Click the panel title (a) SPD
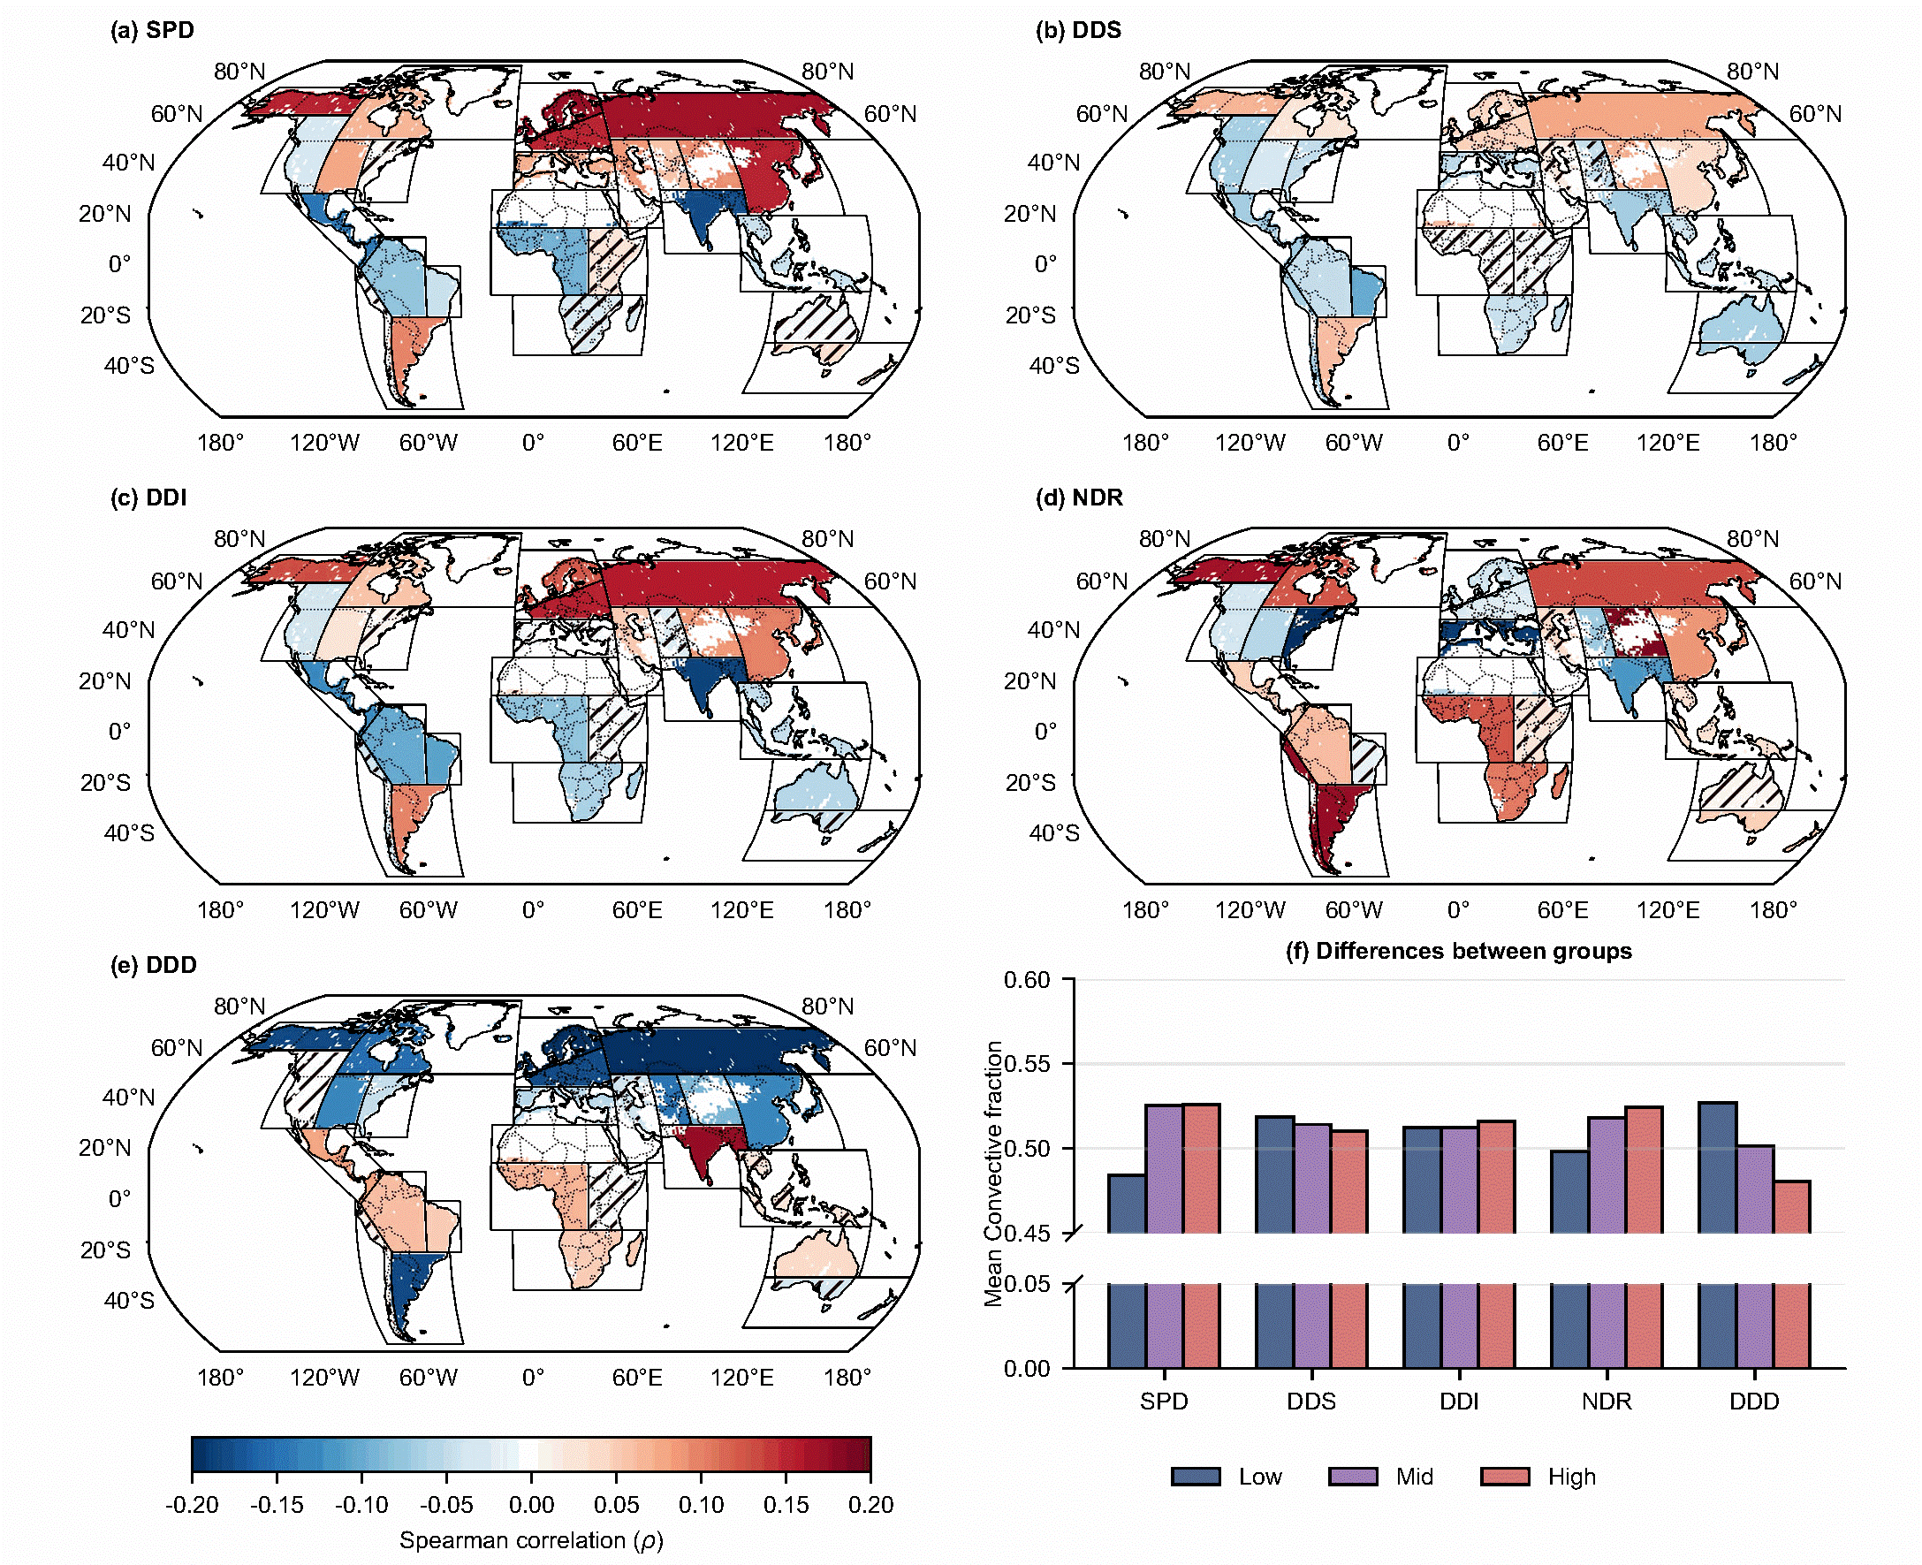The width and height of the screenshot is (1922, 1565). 151,30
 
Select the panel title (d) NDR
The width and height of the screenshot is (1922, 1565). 1078,497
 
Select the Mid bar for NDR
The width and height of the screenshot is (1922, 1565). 1607,1243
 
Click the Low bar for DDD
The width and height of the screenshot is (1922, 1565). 1717,1235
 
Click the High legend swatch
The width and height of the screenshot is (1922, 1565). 1505,1476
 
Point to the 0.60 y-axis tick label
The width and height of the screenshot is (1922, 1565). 1027,979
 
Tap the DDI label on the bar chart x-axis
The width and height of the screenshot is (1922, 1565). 1459,1401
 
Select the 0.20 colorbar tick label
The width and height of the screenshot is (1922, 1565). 870,1505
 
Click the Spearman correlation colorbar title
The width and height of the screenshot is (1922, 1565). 531,1540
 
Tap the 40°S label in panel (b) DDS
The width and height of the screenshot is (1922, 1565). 1054,365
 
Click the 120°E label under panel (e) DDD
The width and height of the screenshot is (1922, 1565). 742,1378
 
